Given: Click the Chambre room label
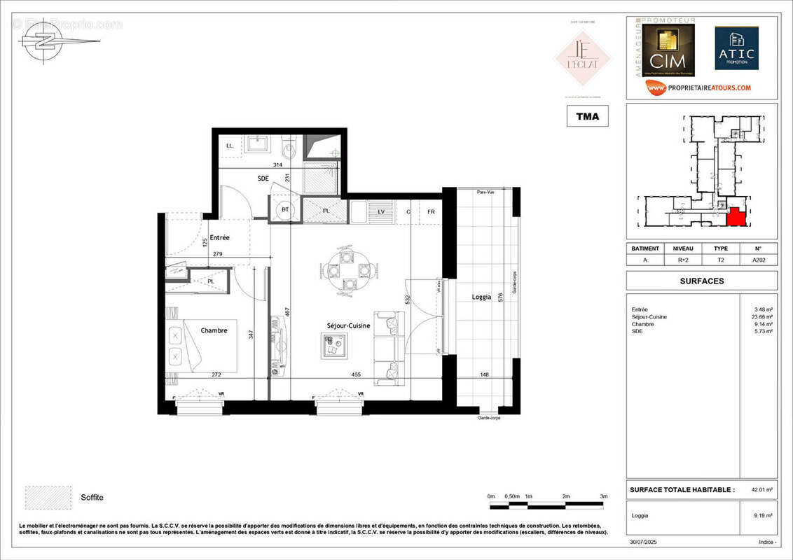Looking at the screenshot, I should point(214,330).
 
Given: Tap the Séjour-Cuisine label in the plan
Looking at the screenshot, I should point(348,325).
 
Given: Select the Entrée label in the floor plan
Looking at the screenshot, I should point(219,238).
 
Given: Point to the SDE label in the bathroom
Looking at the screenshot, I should point(263,178).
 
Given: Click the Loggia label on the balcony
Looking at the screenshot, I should point(481,297).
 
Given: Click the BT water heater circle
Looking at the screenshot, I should point(285,209).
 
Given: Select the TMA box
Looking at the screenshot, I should point(587,116).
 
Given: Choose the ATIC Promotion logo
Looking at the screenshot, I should point(736,49).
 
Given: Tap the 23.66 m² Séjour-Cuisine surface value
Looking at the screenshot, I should point(763,316).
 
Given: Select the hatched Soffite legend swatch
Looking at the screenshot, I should point(48,497).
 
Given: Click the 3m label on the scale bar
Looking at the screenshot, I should point(603,496).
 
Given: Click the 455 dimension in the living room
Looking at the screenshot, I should point(357,375).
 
